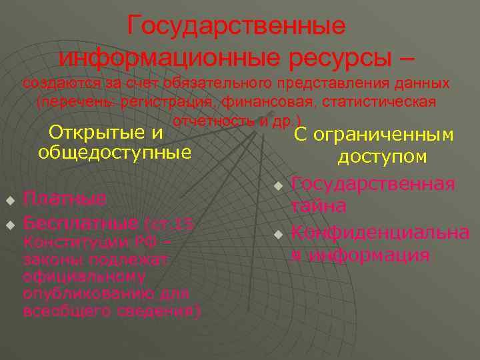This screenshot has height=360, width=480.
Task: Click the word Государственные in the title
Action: (237, 26)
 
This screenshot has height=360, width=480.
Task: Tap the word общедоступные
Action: (115, 153)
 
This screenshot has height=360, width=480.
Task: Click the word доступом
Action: (382, 157)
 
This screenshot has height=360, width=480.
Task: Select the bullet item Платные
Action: (65, 199)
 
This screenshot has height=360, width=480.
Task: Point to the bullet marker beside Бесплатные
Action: (10, 223)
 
